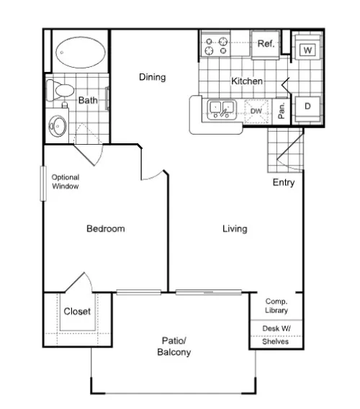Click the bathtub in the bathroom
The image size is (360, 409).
tap(81, 52)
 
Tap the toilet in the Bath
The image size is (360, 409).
tap(60, 90)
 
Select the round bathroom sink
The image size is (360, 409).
tap(58, 126)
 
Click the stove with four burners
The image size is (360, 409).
tap(215, 45)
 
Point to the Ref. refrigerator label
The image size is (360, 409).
tap(266, 43)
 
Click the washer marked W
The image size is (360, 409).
tap(307, 47)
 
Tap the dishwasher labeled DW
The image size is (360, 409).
tap(256, 112)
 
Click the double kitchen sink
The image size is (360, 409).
tap(222, 109)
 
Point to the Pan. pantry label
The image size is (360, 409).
tap(282, 111)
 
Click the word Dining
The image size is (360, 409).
tap(153, 77)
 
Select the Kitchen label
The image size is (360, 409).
tap(247, 81)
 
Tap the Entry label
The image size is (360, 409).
tap(284, 182)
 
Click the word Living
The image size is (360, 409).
tap(235, 229)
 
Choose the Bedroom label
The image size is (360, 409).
tap(106, 229)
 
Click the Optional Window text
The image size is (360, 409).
tap(66, 181)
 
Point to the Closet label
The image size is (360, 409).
tap(77, 311)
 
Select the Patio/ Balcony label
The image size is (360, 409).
tap(174, 346)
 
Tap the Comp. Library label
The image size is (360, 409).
tap(276, 306)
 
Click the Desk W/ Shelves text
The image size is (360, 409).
tap(276, 335)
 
